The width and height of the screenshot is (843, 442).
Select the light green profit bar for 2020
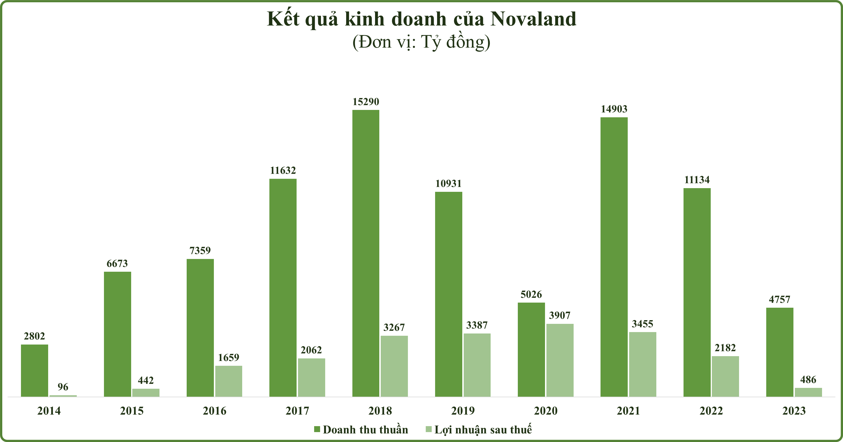(x=560, y=360)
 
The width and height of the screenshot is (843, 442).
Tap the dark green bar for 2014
(x=34, y=370)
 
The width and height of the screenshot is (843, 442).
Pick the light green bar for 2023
(x=808, y=392)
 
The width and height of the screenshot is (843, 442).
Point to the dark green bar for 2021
(x=614, y=257)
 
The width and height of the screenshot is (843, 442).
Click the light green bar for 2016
(x=228, y=381)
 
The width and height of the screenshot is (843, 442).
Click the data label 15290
(x=365, y=102)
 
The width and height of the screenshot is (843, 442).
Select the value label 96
(x=63, y=387)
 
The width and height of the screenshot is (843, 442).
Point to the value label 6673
(x=117, y=263)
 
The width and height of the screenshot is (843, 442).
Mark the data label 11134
(x=697, y=180)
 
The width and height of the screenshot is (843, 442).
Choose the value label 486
(x=808, y=380)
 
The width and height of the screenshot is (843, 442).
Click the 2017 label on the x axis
(x=297, y=411)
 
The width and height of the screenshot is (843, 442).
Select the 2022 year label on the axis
(x=711, y=411)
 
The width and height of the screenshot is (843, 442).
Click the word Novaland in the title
(x=533, y=19)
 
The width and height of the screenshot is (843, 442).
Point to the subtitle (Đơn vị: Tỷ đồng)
(x=421, y=42)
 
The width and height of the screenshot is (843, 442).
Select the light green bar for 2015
(x=146, y=393)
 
